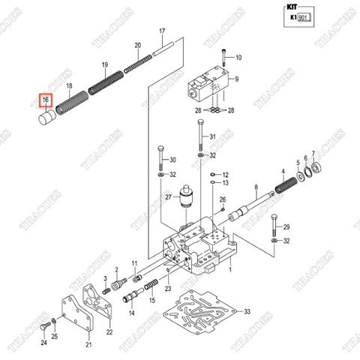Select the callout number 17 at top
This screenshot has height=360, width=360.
tap(160, 31)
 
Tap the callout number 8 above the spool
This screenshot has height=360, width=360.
tap(256, 187)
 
